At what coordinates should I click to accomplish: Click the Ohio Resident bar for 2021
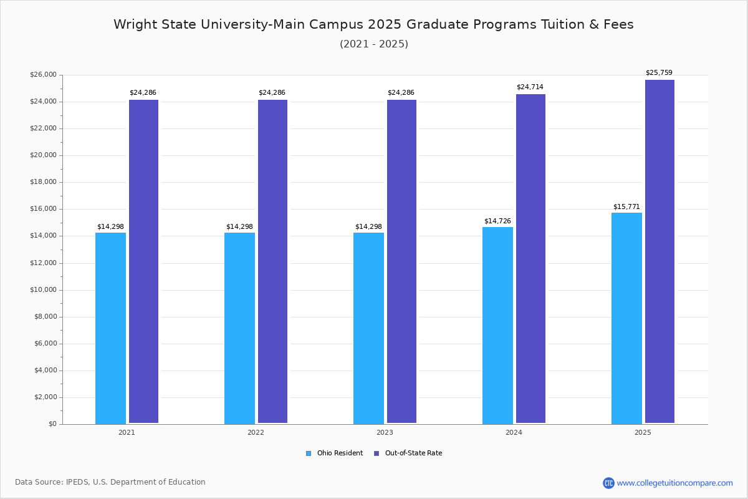(x=110, y=328)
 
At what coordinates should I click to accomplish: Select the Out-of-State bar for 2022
(x=272, y=261)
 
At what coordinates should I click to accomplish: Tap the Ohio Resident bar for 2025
(x=626, y=318)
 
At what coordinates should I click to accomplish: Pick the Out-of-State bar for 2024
(x=530, y=259)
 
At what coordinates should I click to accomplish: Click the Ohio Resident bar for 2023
(x=368, y=328)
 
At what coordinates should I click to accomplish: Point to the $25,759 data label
(x=659, y=73)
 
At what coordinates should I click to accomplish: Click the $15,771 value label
(x=626, y=207)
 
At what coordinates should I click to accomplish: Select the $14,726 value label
(x=497, y=221)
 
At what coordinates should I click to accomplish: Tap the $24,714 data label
(x=530, y=87)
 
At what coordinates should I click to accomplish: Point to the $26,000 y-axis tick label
(x=43, y=75)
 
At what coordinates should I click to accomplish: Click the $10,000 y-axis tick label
(x=43, y=290)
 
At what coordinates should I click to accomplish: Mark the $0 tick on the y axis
(x=52, y=424)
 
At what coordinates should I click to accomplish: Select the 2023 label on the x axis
(x=385, y=432)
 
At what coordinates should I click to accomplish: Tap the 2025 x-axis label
(x=643, y=432)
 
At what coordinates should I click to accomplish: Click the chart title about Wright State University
(x=373, y=25)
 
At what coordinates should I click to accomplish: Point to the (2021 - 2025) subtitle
(x=374, y=44)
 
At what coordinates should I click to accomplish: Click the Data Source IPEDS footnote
(x=110, y=482)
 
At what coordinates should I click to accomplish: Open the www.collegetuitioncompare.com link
(x=674, y=483)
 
